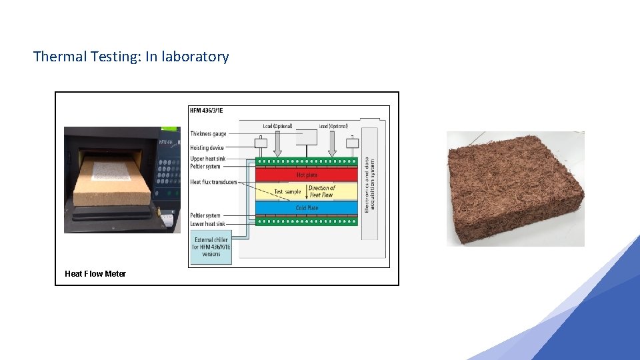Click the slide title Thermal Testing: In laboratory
pos(131,57)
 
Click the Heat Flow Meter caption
pos(95,274)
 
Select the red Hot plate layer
pos(307,175)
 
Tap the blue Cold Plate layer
pos(307,208)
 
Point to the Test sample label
pos(287,192)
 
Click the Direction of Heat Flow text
pos(322,191)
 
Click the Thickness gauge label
pos(208,134)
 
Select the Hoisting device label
pos(207,148)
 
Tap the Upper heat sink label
pos(207,159)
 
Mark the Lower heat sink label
pos(208,224)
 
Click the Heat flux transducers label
pos(213,182)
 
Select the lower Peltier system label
pos(205,216)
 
